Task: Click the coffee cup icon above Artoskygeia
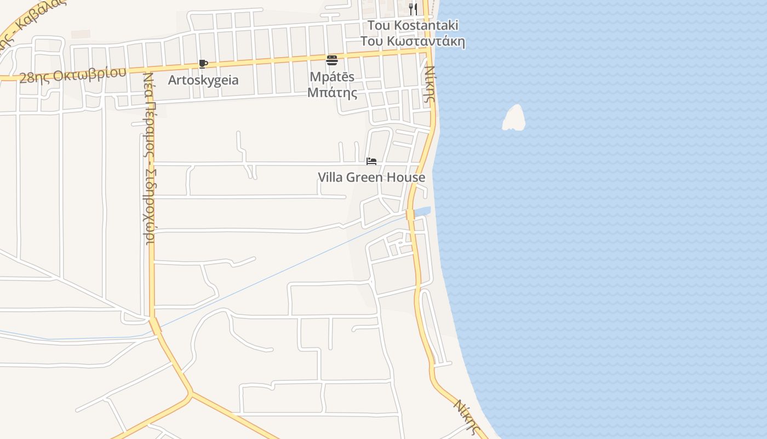(x=203, y=64)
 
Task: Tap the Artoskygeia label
(x=203, y=80)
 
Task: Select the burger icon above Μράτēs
(x=332, y=60)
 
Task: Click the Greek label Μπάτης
(x=332, y=93)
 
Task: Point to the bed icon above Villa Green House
(x=371, y=161)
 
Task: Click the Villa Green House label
(x=371, y=177)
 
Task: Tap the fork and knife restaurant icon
(x=413, y=9)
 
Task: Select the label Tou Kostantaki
(x=413, y=25)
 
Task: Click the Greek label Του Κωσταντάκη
(x=413, y=41)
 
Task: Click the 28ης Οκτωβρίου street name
(x=73, y=75)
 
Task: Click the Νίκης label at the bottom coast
(x=467, y=417)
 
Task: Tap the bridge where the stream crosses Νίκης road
(x=410, y=215)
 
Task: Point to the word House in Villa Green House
(x=408, y=177)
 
